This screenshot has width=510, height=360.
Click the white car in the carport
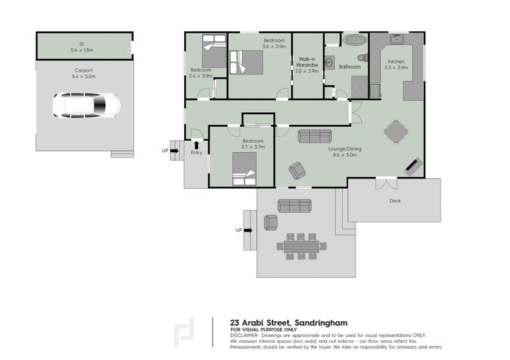[x=85, y=105]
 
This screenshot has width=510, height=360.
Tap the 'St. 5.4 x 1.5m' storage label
[x=81, y=47]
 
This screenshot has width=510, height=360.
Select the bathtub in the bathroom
[x=354, y=40]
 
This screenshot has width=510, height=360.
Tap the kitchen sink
[x=397, y=38]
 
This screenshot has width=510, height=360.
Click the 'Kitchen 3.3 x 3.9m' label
[x=396, y=64]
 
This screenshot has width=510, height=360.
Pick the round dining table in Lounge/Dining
[x=397, y=132]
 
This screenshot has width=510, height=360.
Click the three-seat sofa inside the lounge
[x=314, y=136]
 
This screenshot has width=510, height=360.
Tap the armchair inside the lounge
[x=296, y=170]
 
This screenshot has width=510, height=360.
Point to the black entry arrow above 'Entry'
[x=196, y=145]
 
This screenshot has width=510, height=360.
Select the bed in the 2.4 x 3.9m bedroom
[x=213, y=51]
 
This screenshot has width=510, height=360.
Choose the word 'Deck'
[x=395, y=201]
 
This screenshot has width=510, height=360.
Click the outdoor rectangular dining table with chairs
[x=301, y=245]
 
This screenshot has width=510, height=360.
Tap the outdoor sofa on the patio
[x=295, y=205]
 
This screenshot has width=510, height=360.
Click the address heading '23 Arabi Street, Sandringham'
[x=289, y=322]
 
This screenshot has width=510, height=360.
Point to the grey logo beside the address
[x=184, y=332]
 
